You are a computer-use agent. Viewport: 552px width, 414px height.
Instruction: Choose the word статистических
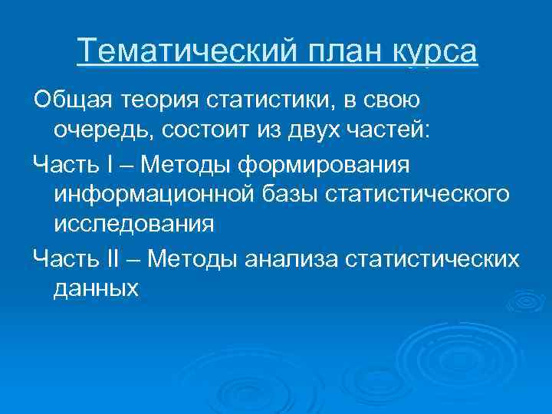[432, 258]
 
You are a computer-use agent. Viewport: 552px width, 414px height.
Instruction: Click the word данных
[96, 290]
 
